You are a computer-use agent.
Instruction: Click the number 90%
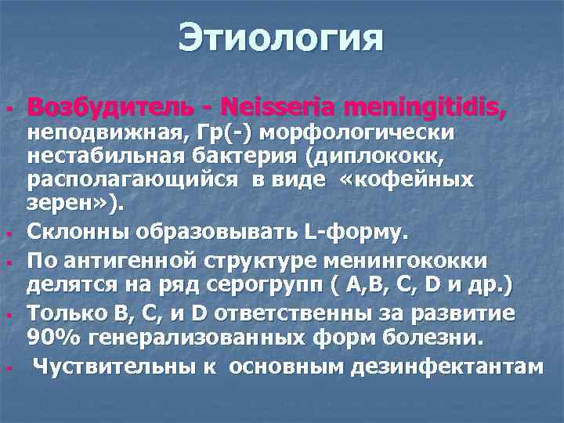coord(50,338)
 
